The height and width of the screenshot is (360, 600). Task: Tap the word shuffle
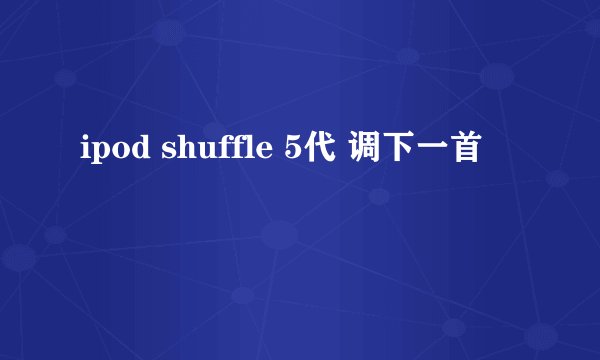point(207,151)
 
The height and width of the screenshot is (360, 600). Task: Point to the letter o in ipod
point(112,154)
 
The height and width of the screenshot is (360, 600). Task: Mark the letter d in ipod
point(128,152)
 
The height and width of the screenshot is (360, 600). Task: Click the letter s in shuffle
point(156,154)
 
